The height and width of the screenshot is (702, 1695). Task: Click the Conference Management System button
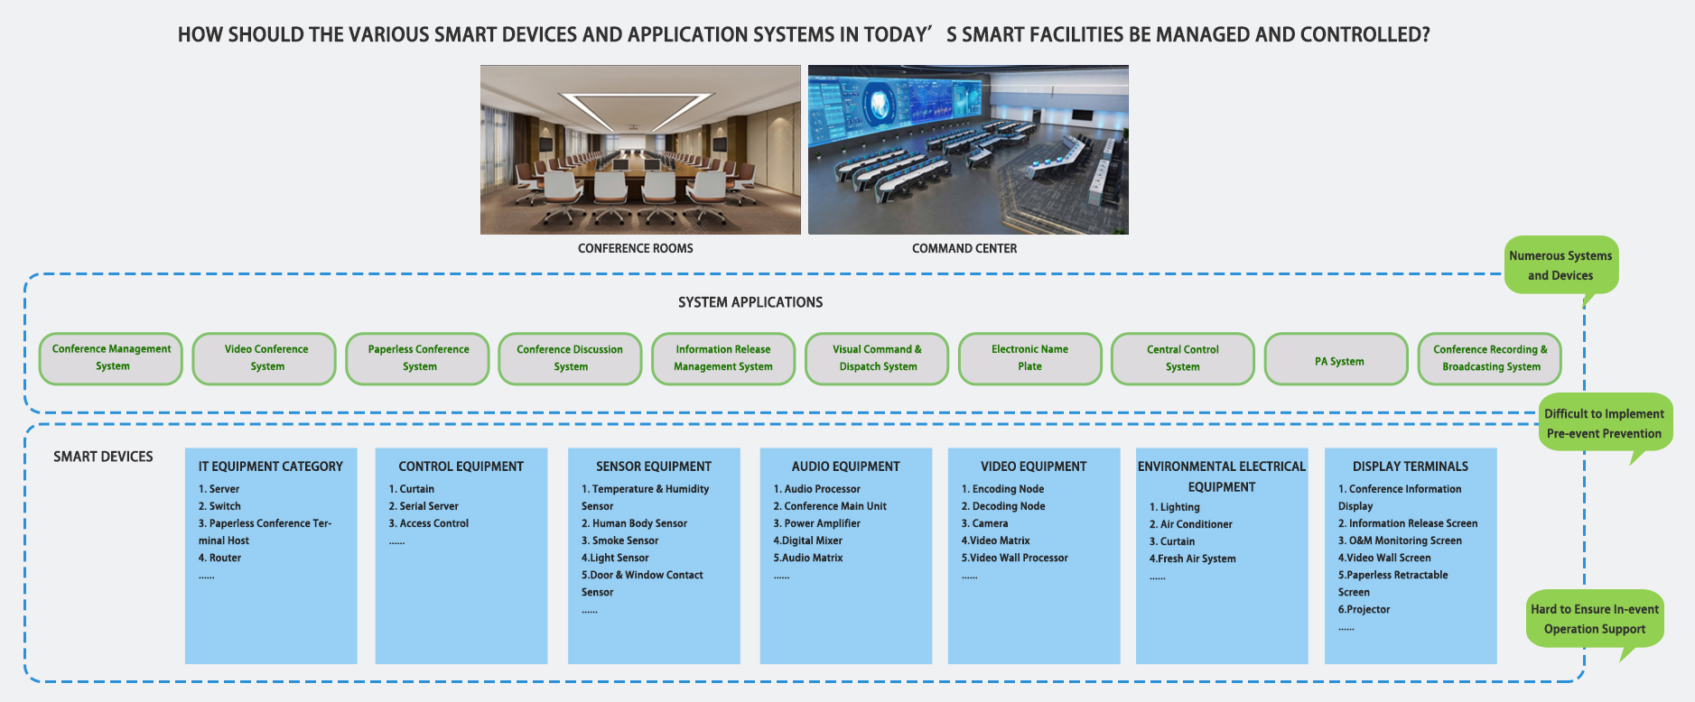(x=111, y=358)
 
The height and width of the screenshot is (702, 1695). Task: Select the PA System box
(x=1336, y=359)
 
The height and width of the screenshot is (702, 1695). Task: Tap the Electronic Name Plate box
(x=1030, y=358)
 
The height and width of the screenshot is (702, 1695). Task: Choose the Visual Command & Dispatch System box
(x=877, y=358)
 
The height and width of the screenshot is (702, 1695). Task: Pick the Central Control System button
(x=1183, y=358)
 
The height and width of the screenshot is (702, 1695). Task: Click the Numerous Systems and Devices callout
(x=1560, y=265)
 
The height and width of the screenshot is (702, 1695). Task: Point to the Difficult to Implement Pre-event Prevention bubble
(x=1604, y=423)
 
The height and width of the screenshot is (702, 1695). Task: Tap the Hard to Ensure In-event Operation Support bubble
(x=1595, y=619)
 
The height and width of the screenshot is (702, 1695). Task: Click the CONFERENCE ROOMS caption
(x=636, y=248)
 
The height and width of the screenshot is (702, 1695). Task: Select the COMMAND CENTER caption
(x=964, y=248)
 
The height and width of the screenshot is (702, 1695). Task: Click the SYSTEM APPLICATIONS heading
(x=750, y=302)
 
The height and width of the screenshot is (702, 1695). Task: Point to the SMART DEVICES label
(x=103, y=457)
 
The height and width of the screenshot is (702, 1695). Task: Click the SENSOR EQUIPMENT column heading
(x=654, y=466)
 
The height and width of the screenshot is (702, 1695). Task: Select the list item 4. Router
(x=220, y=558)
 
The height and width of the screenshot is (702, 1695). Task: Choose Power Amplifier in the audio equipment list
(x=816, y=523)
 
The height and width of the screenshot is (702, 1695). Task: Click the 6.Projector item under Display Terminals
(x=1364, y=610)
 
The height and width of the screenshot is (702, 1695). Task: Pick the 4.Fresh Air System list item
(x=1192, y=559)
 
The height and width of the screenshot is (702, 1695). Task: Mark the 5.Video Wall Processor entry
(x=1014, y=558)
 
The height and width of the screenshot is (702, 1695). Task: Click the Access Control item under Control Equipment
(x=429, y=523)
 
